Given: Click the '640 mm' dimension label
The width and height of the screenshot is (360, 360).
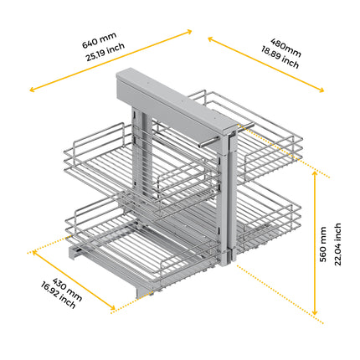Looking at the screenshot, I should click(x=98, y=39).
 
